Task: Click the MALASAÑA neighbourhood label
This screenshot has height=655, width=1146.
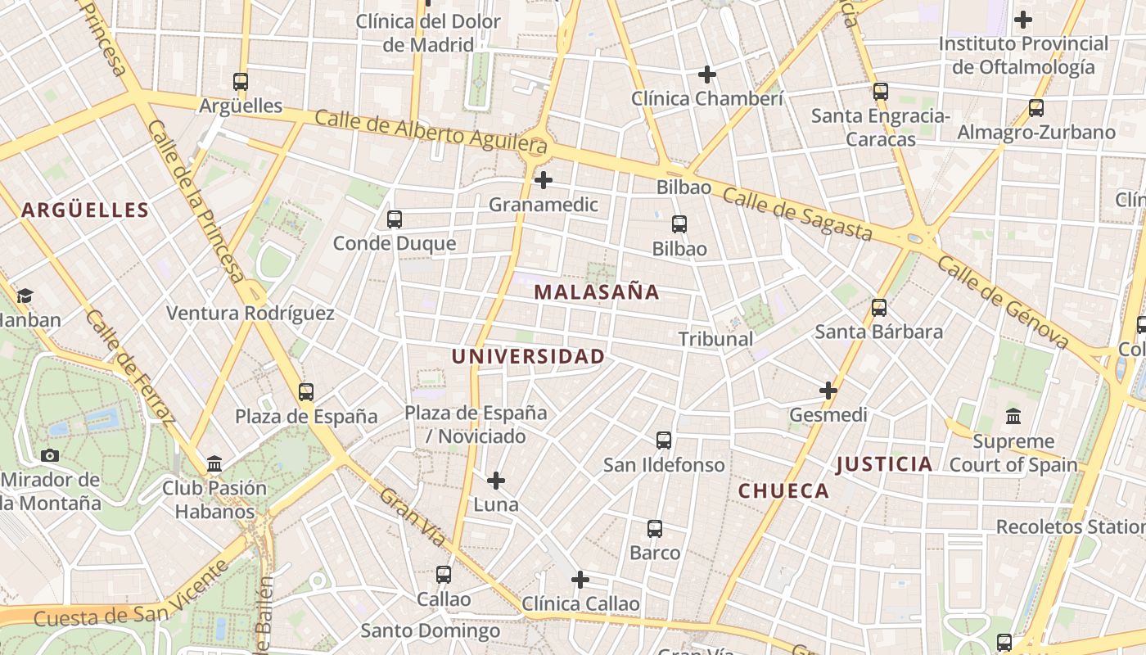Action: (x=597, y=292)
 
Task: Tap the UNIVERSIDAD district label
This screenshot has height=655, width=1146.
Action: (x=528, y=357)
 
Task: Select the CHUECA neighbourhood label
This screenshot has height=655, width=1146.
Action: (x=783, y=491)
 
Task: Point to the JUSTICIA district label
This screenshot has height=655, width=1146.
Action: (x=884, y=465)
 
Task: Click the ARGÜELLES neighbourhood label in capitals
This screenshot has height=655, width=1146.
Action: (x=85, y=210)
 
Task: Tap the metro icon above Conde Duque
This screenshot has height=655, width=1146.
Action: (x=395, y=219)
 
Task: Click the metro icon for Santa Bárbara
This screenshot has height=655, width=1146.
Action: (x=879, y=308)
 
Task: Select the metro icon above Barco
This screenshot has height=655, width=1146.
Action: (x=655, y=529)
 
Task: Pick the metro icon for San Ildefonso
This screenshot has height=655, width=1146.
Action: (x=664, y=440)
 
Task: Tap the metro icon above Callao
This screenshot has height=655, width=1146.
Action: (x=444, y=575)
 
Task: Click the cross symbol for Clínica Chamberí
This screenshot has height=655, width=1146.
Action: (x=707, y=75)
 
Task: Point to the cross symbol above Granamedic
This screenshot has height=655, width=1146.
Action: (x=544, y=180)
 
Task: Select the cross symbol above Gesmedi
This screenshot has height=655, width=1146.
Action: (x=828, y=391)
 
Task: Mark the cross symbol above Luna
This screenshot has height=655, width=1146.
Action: (x=496, y=481)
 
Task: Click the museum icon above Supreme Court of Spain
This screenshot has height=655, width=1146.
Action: (x=1013, y=417)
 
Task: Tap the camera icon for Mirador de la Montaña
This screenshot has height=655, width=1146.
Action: (x=50, y=456)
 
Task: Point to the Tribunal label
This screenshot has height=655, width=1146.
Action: (x=715, y=339)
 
